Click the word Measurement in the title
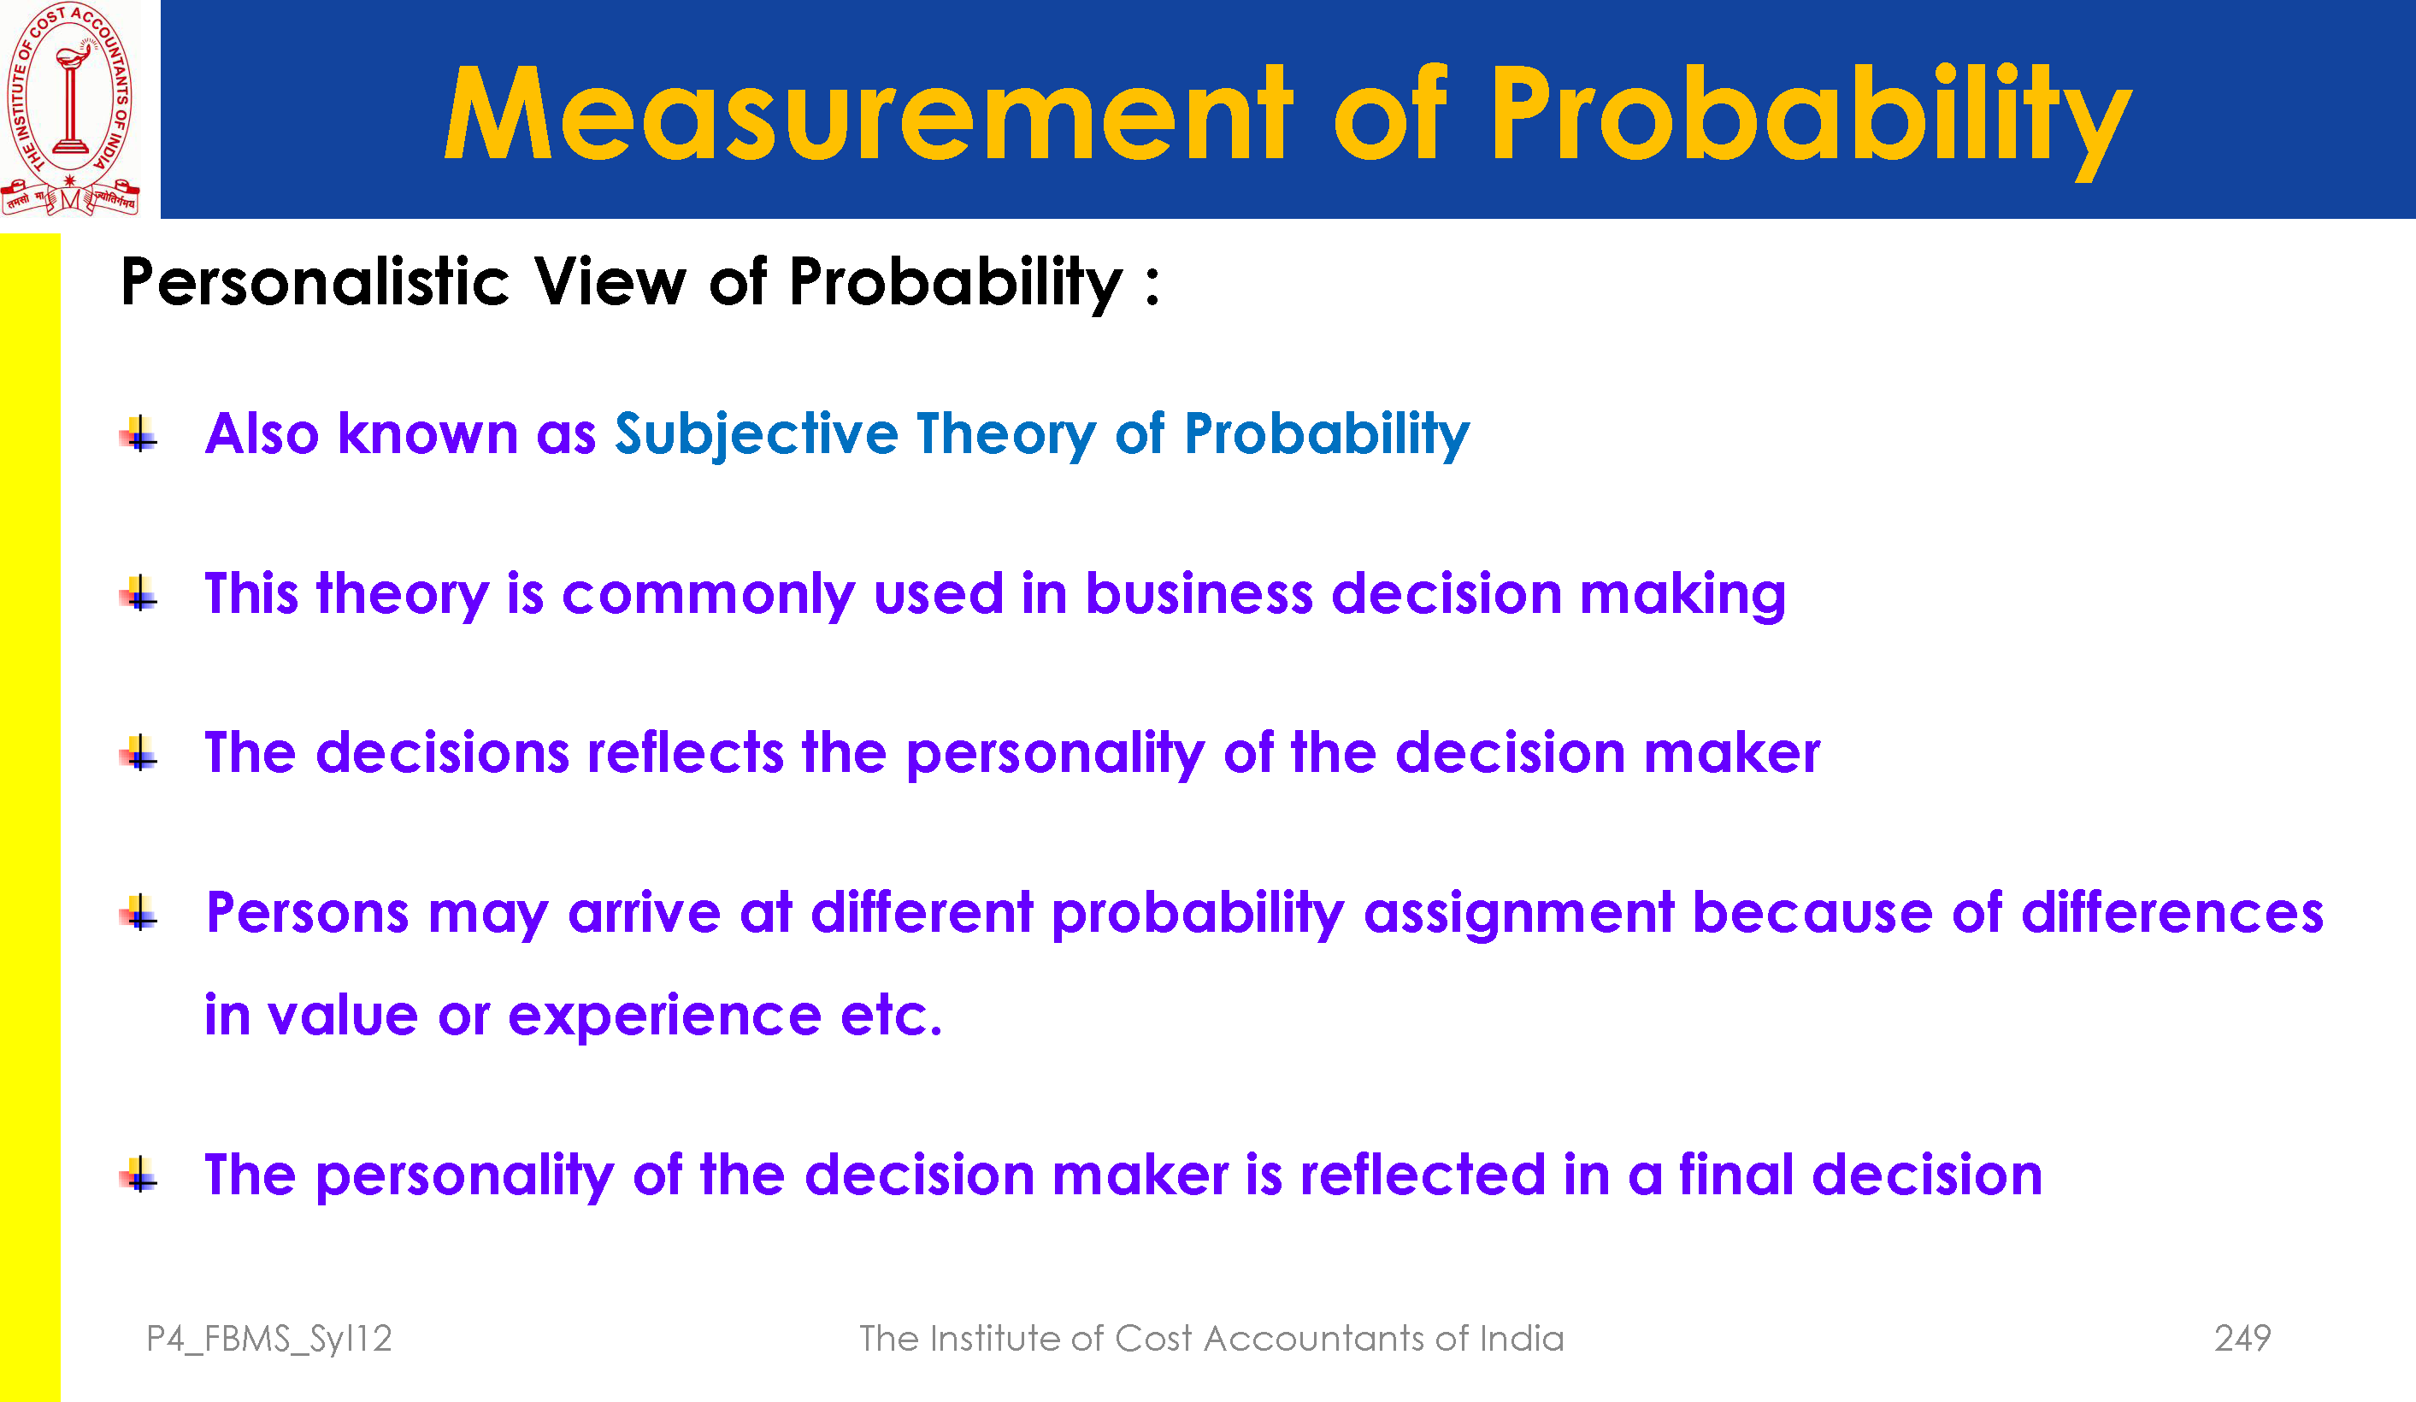tap(868, 113)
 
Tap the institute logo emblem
tap(70, 109)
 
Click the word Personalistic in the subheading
tap(315, 282)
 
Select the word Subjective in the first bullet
tap(757, 434)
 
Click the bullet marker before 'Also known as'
tap(139, 433)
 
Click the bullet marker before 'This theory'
tap(139, 592)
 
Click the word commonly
tap(709, 594)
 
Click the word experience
tap(664, 1016)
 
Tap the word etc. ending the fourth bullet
tap(892, 1016)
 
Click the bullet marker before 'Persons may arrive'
tap(139, 912)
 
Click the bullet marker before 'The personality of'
tap(139, 1174)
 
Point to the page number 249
tap(2242, 1338)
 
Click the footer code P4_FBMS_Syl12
tap(269, 1339)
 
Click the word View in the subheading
tap(610, 282)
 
